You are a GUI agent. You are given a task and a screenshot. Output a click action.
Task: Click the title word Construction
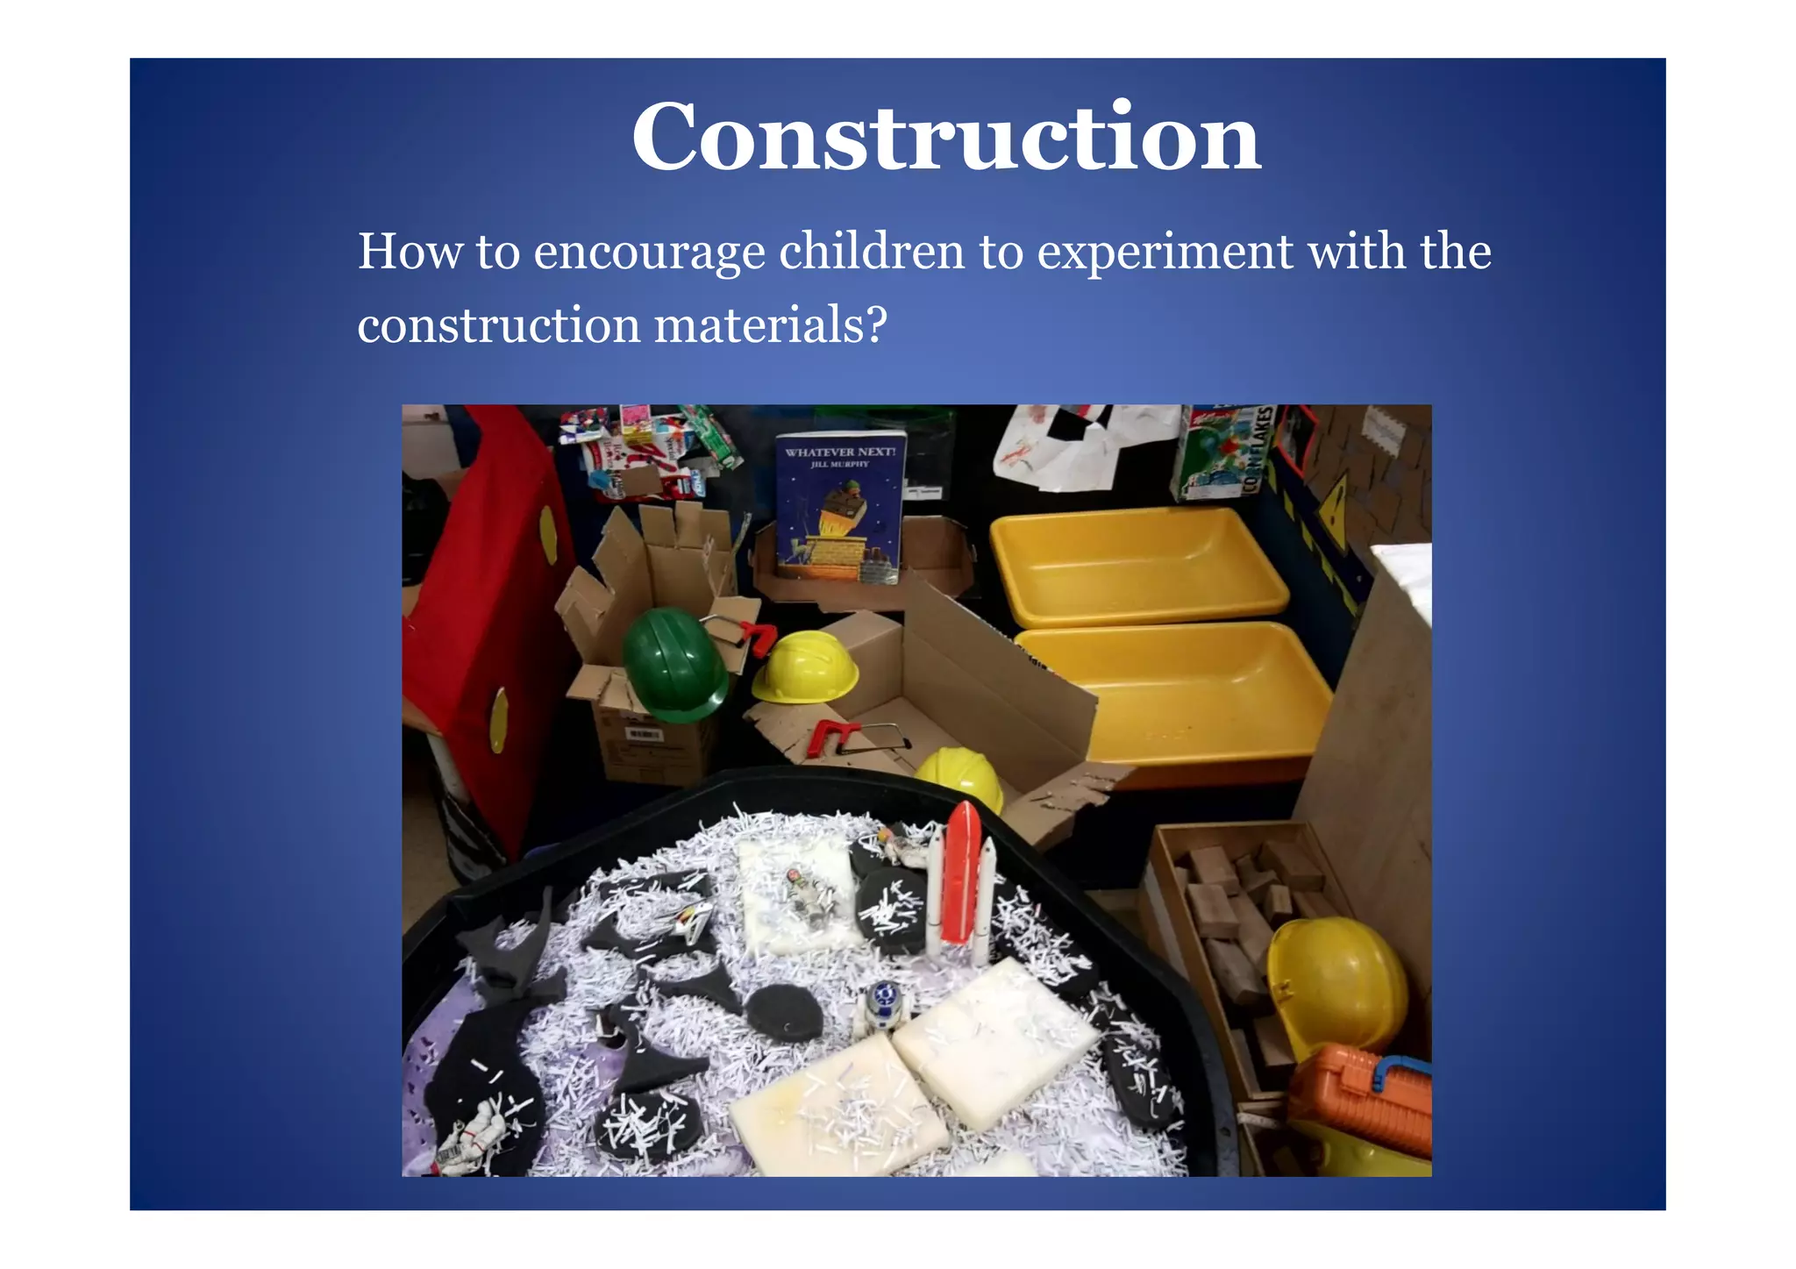945,138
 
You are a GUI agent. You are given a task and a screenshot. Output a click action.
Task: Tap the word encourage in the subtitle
649,253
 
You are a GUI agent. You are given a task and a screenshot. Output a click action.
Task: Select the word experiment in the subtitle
1165,253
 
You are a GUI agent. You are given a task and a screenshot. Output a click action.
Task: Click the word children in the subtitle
872,251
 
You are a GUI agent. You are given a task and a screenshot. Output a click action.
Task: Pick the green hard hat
673,664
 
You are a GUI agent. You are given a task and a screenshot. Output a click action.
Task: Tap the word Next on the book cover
873,452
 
